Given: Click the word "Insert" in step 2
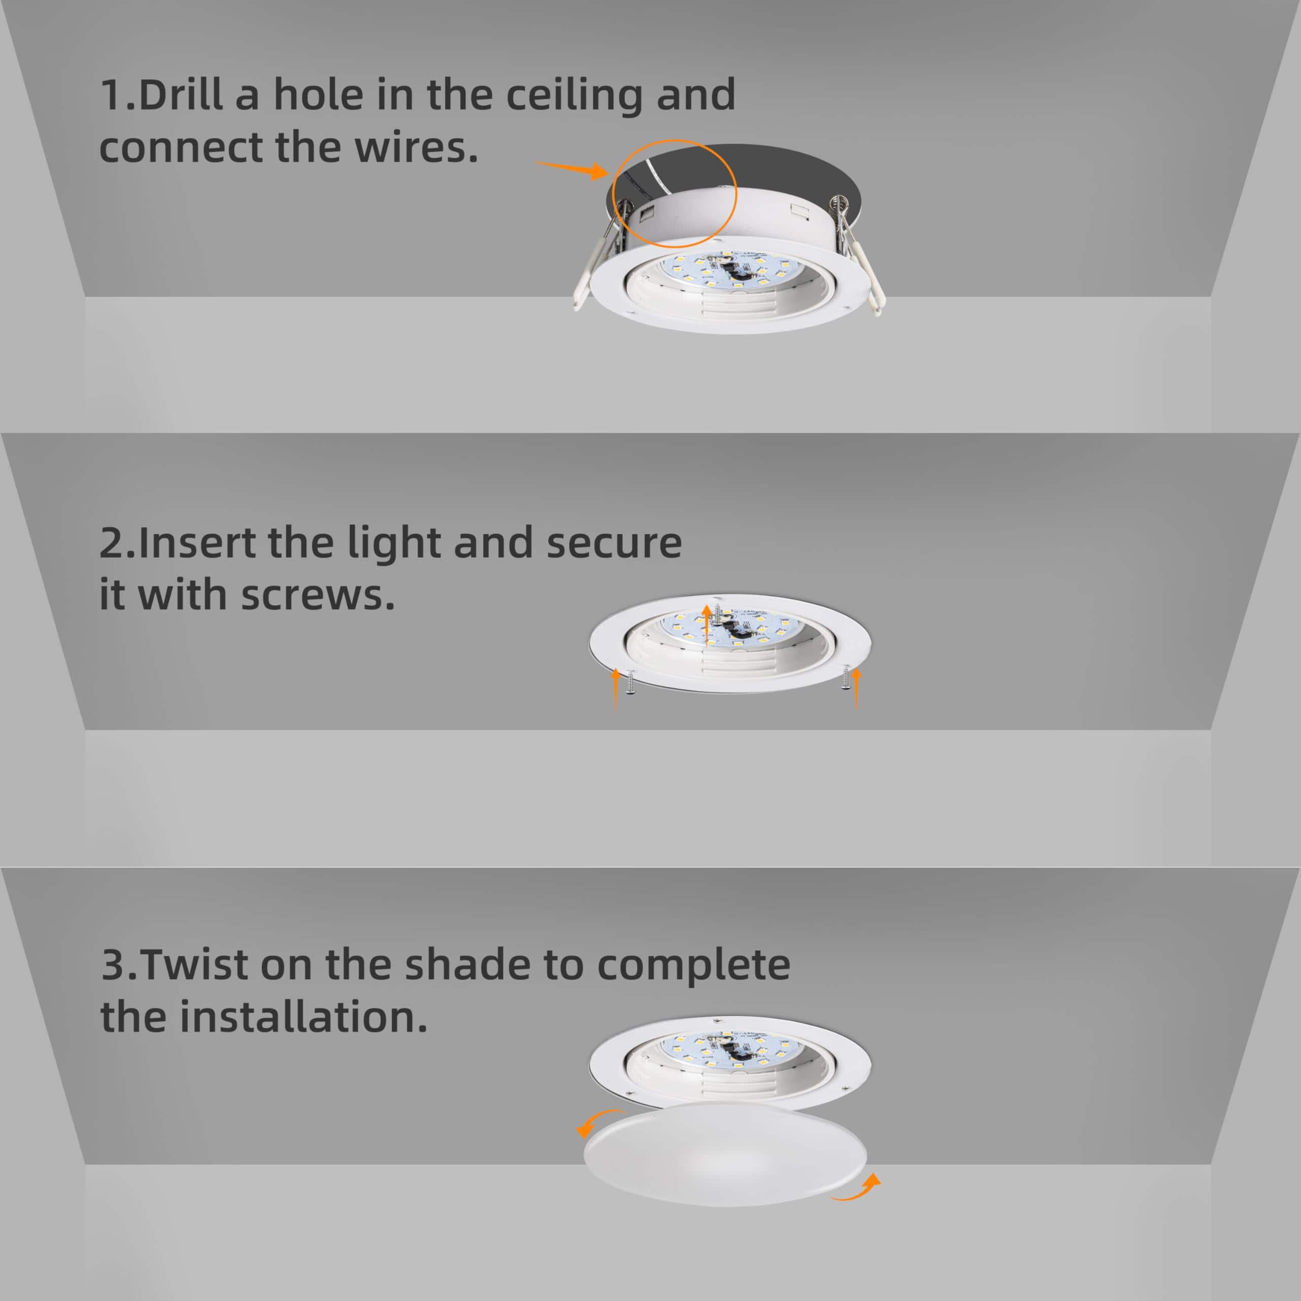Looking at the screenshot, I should (197, 543).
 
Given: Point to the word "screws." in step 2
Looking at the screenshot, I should (317, 595).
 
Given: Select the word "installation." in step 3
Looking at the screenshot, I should (303, 1017).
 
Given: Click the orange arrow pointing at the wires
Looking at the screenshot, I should (572, 169).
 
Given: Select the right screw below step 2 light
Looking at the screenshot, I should (844, 682).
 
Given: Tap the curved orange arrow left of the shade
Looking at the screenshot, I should (596, 1121).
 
